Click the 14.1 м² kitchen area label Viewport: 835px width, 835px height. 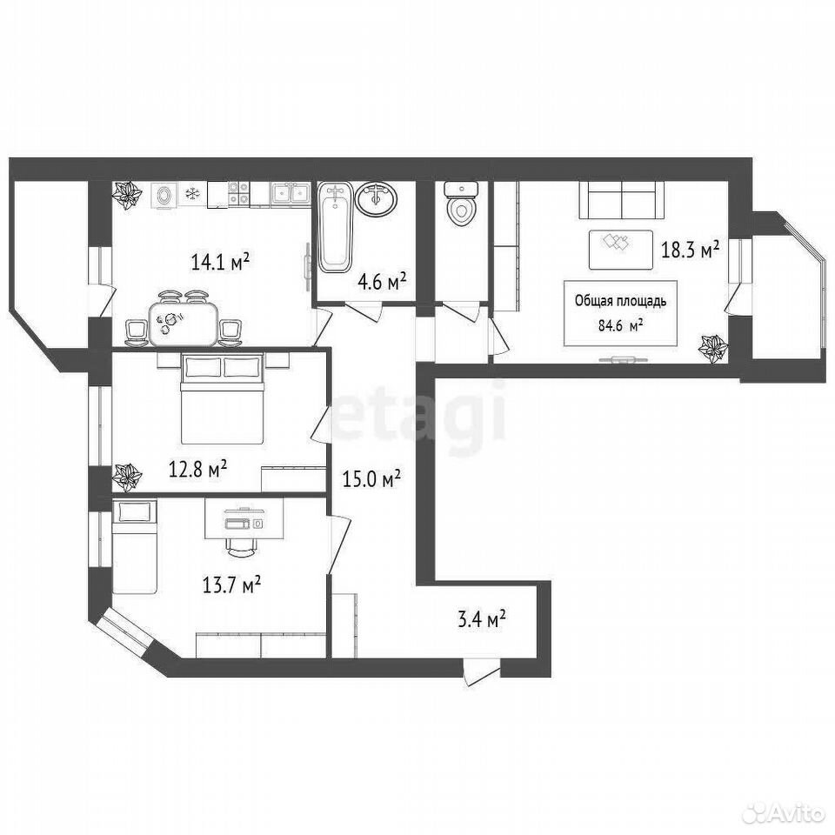(220, 262)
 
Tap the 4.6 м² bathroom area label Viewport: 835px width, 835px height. (383, 281)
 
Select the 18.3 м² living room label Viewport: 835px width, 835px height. (690, 250)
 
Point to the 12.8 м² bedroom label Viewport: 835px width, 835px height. (198, 469)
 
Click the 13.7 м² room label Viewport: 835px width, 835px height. (231, 585)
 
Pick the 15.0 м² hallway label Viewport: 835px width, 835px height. (371, 478)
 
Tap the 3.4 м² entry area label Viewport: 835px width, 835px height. (481, 620)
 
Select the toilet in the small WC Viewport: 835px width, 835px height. (461, 203)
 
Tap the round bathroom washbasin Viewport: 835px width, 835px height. (377, 199)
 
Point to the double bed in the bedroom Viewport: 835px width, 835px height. (224, 397)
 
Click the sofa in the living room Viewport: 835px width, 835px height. (621, 200)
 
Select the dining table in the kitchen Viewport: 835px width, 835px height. (184, 324)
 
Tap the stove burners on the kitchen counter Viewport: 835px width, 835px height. (238, 194)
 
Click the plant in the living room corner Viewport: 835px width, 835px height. (714, 349)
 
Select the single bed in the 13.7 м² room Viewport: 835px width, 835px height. (134, 546)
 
